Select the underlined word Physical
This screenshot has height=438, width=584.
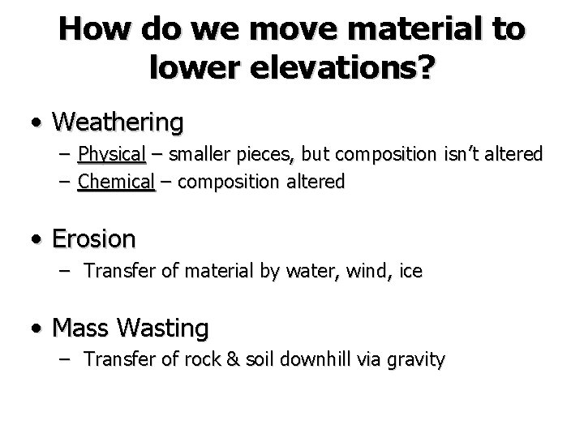coord(111,154)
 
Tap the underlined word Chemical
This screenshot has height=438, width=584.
coord(116,182)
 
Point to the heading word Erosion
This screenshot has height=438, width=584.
coord(93,238)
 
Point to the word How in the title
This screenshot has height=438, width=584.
coord(88,30)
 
